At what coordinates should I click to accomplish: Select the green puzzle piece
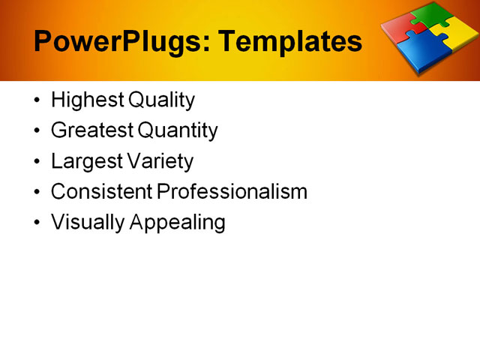click(434, 16)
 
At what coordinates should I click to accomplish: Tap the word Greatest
click(92, 130)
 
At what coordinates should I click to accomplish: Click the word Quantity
click(178, 131)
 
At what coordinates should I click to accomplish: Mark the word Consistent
click(101, 191)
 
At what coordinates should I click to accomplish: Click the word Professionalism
click(232, 191)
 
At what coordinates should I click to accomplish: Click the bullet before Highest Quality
click(38, 100)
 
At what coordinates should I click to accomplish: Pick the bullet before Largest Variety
click(38, 162)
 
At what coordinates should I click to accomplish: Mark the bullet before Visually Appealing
click(38, 223)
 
